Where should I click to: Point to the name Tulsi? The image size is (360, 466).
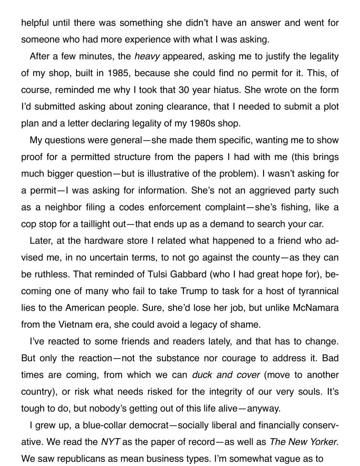click(x=165, y=274)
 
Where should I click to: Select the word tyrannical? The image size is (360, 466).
click(x=314, y=291)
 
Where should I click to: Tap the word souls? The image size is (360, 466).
click(x=312, y=392)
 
